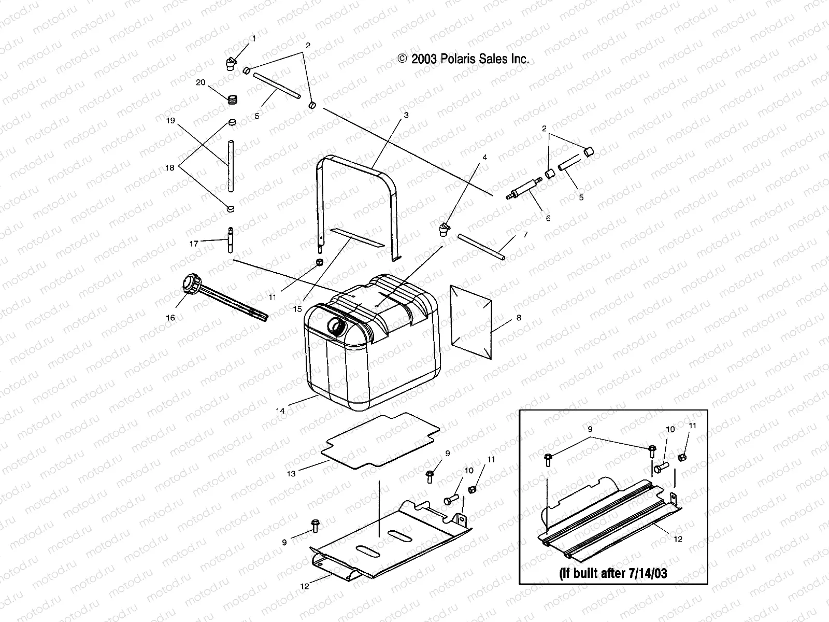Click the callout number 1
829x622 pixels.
click(x=254, y=38)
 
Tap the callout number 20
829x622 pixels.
click(x=200, y=82)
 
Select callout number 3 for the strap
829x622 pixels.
click(x=406, y=115)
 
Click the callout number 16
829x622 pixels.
click(x=170, y=318)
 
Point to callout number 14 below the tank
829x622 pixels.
click(x=280, y=411)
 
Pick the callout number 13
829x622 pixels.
click(x=291, y=473)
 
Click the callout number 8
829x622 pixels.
click(x=519, y=318)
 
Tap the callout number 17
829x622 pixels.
click(x=194, y=243)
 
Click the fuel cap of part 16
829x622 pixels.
click(x=188, y=285)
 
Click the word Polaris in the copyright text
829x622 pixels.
click(x=458, y=59)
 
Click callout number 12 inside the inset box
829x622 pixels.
click(x=678, y=539)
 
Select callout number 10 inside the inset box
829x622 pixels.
click(x=670, y=429)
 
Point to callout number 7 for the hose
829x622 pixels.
click(x=525, y=235)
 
